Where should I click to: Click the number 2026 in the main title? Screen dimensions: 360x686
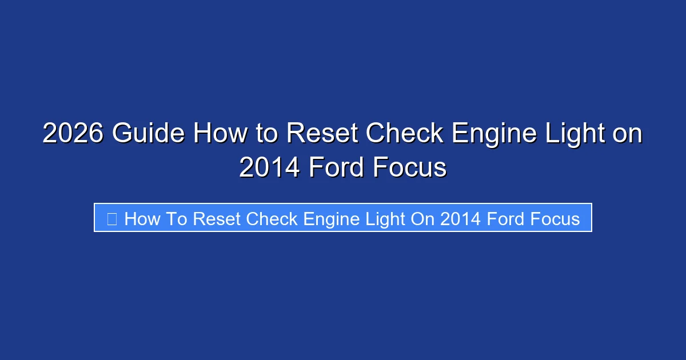tap(73, 134)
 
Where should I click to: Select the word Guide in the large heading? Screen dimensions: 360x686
tap(148, 134)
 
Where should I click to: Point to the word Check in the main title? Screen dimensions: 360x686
tap(405, 134)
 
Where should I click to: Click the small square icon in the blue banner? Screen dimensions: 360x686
tap(112, 218)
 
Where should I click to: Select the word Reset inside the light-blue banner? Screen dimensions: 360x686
tap(218, 218)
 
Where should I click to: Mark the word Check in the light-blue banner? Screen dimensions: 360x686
tap(272, 218)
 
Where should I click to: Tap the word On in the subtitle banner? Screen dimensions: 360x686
tap(422, 218)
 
